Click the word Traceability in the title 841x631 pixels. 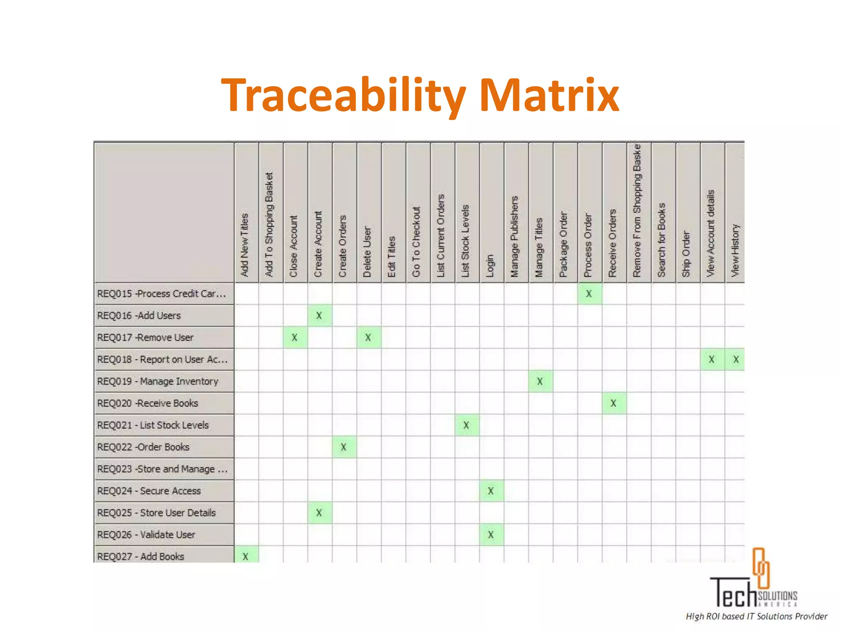pyautogui.click(x=343, y=95)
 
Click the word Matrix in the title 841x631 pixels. pyautogui.click(x=549, y=95)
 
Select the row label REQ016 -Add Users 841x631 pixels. pyautogui.click(x=139, y=315)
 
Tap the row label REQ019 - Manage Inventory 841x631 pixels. pyautogui.click(x=158, y=381)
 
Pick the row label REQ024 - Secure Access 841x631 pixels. pyautogui.click(x=149, y=491)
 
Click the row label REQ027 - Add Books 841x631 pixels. pyautogui.click(x=141, y=556)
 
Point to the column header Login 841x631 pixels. pyautogui.click(x=490, y=265)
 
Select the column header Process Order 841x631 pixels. pyautogui.click(x=588, y=245)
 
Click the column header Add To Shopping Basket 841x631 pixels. pyautogui.click(x=269, y=224)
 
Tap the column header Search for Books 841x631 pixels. pyautogui.click(x=662, y=240)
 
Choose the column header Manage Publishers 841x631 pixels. pyautogui.click(x=515, y=237)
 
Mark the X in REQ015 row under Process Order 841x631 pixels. pyautogui.click(x=589, y=294)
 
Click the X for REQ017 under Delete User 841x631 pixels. pyautogui.click(x=368, y=338)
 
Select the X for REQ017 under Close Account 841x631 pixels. pyautogui.click(x=294, y=338)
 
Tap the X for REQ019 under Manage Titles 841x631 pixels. pyautogui.click(x=540, y=381)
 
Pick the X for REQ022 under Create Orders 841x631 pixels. pyautogui.click(x=344, y=447)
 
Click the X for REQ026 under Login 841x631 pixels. pyautogui.click(x=491, y=534)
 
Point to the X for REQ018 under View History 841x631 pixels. pyautogui.click(x=736, y=359)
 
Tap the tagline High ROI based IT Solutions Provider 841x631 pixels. pyautogui.click(x=756, y=616)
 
